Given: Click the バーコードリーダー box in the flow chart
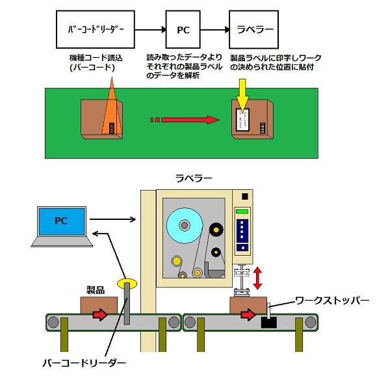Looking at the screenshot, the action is [x=96, y=29].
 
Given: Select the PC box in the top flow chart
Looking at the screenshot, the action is [x=183, y=29].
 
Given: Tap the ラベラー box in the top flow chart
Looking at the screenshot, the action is [x=254, y=29].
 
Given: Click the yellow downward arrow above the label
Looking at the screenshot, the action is [x=242, y=96].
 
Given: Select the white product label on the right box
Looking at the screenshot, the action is [x=242, y=120].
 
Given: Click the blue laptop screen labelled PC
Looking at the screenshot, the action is [x=62, y=221].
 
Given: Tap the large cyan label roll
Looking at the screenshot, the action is [x=185, y=226].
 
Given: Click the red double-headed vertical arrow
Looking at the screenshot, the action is [x=257, y=278].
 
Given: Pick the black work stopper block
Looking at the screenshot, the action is [x=269, y=322].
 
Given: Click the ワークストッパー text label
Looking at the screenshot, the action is [x=332, y=301].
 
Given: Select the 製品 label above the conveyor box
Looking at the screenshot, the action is [x=96, y=289].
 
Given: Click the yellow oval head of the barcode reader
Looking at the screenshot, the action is [x=127, y=284].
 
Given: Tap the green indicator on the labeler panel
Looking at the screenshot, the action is [x=242, y=211].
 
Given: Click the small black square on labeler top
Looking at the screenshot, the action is [x=245, y=196].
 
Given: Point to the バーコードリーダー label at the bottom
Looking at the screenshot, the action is [x=84, y=363].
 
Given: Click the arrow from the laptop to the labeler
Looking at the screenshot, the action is [x=113, y=219].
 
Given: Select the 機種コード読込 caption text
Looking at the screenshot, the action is [x=96, y=58].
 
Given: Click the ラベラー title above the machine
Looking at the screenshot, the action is [x=194, y=178].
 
